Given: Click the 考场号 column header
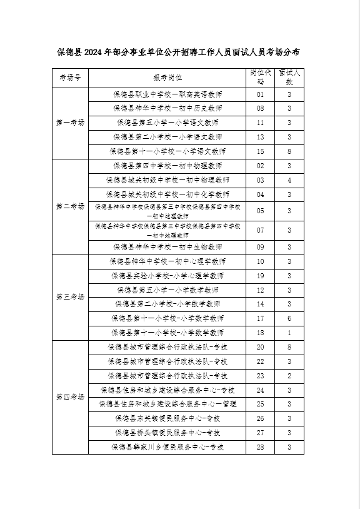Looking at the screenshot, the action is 71,78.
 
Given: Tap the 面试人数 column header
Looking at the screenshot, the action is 289,77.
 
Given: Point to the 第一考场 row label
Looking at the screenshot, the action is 71,123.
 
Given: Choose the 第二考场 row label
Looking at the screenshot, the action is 71,206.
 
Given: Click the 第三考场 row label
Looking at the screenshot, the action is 71,297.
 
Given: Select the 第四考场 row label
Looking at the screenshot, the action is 71,397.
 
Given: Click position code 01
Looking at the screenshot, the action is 261,94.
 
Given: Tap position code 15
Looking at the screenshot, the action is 261,151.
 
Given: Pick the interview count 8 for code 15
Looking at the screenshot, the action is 289,151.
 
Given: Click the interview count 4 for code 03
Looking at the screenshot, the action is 289,180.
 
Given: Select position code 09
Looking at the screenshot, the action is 261,247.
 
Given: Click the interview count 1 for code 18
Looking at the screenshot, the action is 289,333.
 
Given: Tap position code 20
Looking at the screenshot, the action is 261,347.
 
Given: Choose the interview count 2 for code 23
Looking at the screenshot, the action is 289,376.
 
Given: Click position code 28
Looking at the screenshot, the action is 261,447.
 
